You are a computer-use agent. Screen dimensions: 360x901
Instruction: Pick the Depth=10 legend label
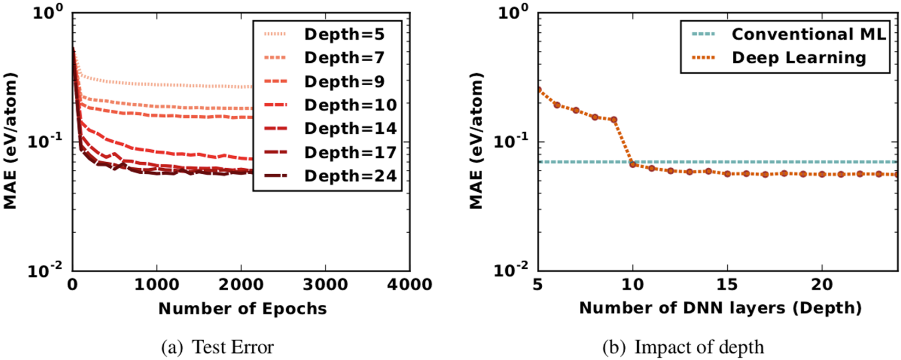[x=350, y=105]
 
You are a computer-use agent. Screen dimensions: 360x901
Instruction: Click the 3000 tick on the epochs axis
[x=325, y=285]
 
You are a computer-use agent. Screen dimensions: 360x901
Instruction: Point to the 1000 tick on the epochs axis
[x=157, y=285]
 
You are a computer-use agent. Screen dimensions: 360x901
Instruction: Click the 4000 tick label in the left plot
[x=410, y=285]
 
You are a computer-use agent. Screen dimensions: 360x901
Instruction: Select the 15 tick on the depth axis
[x=727, y=285]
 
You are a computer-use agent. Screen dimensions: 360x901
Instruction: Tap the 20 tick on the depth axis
[x=822, y=285]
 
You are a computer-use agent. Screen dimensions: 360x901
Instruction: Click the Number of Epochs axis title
[x=242, y=309]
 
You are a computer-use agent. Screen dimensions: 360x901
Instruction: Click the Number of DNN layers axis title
[x=720, y=309]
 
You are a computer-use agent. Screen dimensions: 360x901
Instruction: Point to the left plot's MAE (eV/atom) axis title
[x=10, y=141]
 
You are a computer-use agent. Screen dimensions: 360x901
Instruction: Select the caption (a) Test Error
[x=218, y=347]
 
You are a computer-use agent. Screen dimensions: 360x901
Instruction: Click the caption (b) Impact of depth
[x=683, y=347]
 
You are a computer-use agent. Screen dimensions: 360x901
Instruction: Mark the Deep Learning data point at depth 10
[x=633, y=164]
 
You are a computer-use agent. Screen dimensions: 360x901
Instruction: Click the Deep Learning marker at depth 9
[x=614, y=120]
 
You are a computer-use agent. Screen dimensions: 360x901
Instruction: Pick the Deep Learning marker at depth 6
[x=557, y=105]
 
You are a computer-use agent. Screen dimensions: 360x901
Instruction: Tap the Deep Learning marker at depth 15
[x=727, y=174]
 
